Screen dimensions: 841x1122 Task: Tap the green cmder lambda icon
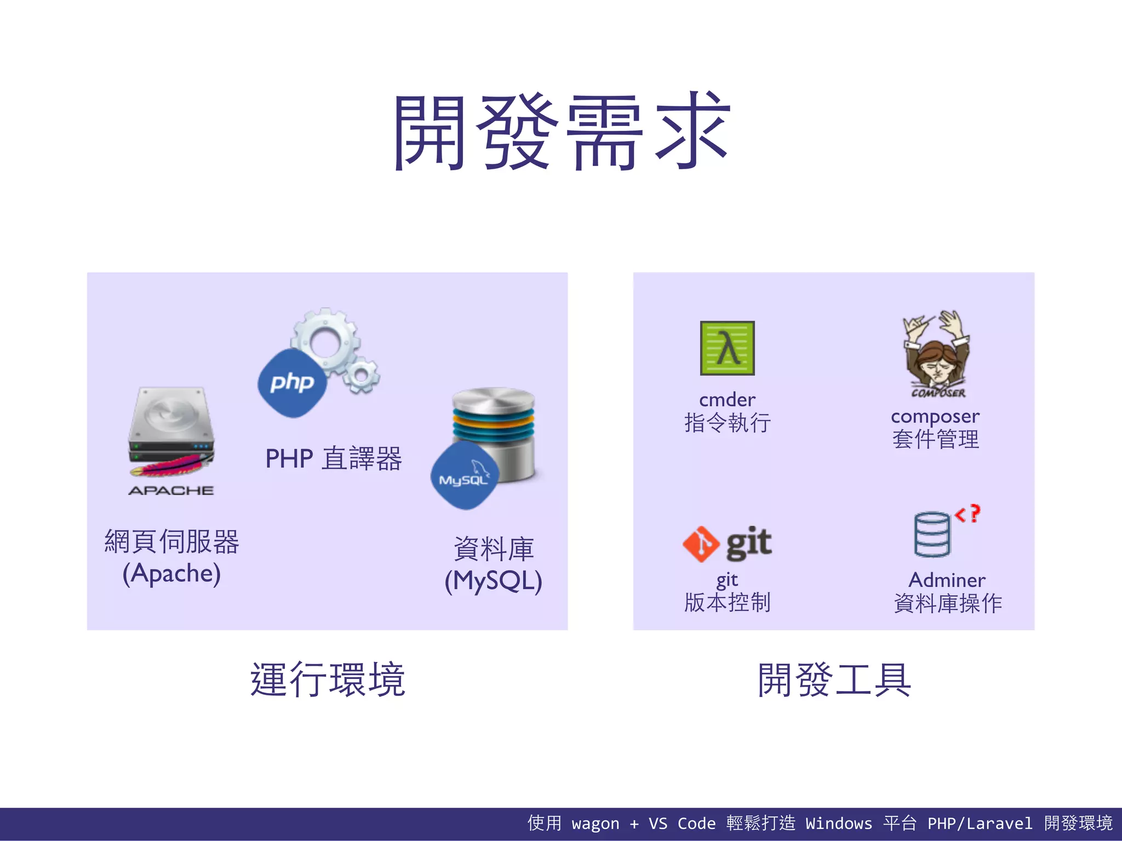point(727,348)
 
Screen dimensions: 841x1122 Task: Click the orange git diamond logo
point(701,544)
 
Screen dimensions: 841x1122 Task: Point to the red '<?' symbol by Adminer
point(968,514)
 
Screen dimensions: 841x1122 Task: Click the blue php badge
point(292,383)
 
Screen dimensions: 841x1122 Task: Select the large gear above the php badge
point(325,339)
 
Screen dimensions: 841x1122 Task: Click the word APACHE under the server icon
point(171,491)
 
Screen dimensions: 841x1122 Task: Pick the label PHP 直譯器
point(333,458)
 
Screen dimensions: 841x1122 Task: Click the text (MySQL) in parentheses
point(493,581)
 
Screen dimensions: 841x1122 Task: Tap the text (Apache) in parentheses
point(171,573)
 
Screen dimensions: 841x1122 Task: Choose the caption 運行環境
point(328,679)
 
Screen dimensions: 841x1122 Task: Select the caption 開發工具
point(834,679)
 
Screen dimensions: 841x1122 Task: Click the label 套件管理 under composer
point(935,439)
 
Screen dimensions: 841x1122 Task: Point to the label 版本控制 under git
point(727,602)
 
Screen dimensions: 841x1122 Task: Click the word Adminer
point(947,580)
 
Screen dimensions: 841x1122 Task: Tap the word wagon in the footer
point(595,823)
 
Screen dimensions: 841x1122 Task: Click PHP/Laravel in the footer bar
point(980,823)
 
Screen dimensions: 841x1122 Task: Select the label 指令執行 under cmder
point(727,423)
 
